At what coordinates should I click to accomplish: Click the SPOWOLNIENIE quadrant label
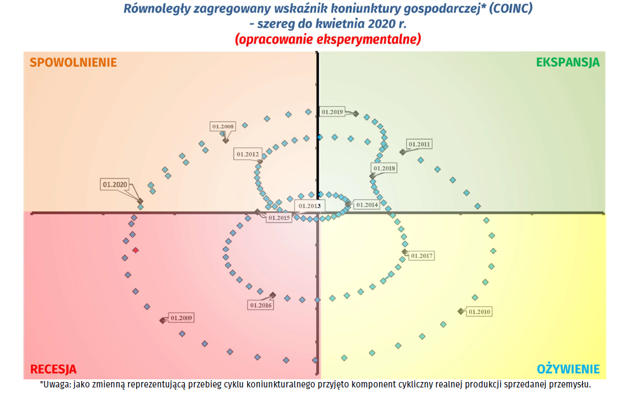73,62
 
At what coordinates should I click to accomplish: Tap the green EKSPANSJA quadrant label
568,62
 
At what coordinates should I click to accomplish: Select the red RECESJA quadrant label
53,370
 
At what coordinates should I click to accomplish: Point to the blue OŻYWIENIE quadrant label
568,370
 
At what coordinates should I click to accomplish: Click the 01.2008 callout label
223,127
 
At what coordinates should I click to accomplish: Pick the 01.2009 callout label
181,318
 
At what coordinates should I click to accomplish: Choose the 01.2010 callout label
479,312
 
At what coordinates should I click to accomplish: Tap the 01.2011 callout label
419,144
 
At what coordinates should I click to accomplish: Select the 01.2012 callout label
248,154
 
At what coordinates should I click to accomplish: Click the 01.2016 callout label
261,305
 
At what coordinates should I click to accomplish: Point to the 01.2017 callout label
422,255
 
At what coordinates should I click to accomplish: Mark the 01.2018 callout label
384,169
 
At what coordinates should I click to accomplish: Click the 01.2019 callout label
332,112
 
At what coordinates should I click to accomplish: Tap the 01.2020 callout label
114,184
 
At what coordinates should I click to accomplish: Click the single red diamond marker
136,250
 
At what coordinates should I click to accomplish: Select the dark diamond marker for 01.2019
356,113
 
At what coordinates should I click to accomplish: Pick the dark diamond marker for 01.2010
460,311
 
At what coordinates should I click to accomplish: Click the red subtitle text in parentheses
327,40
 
